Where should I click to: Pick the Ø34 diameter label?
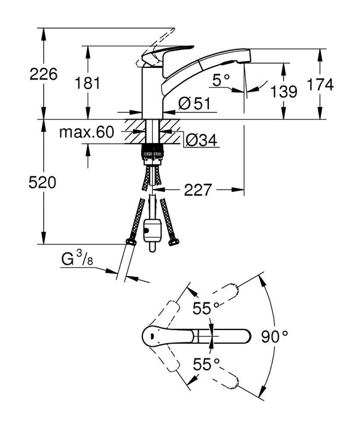pos(201,141)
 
